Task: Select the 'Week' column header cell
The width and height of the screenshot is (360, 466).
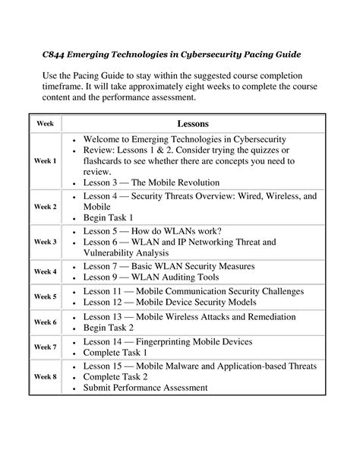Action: (45, 123)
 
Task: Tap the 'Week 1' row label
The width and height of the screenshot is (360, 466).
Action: (45, 161)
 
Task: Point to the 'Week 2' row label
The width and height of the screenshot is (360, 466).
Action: (45, 206)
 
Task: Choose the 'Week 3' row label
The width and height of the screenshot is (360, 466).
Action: (45, 242)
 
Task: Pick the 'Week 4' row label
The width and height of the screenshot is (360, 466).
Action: (45, 271)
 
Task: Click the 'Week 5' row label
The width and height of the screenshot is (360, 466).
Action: (45, 296)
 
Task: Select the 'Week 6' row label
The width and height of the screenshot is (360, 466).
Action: (45, 322)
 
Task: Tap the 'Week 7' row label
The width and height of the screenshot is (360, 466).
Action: (45, 347)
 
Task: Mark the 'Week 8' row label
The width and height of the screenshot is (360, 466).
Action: (45, 376)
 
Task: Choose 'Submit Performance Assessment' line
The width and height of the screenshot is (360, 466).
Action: (145, 388)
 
